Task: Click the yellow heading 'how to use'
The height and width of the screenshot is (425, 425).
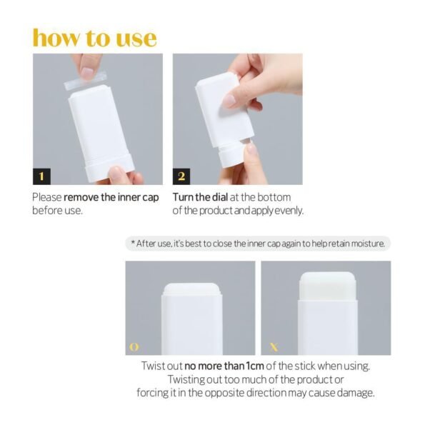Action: point(94,38)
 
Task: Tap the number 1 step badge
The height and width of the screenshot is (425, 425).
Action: point(41,176)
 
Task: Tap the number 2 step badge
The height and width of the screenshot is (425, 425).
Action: point(181,176)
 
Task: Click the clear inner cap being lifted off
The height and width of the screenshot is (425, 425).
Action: point(85,81)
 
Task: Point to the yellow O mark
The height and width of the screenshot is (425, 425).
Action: point(134,347)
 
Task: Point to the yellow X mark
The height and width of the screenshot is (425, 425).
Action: point(274,347)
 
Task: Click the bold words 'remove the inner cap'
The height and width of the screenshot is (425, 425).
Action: point(111,197)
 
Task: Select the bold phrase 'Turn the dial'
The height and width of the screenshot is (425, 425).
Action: point(200,197)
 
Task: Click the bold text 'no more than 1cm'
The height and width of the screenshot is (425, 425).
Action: point(224,366)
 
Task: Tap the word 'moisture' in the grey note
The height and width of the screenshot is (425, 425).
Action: point(367,244)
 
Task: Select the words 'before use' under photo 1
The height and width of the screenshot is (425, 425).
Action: point(56,211)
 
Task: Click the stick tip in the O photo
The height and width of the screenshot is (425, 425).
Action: point(192,289)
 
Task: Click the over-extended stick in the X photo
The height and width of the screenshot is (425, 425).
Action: point(327,286)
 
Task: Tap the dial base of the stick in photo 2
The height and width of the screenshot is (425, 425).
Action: point(231,156)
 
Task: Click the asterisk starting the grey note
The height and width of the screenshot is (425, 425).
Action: point(133,242)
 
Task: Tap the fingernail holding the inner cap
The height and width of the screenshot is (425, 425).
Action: point(88,73)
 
